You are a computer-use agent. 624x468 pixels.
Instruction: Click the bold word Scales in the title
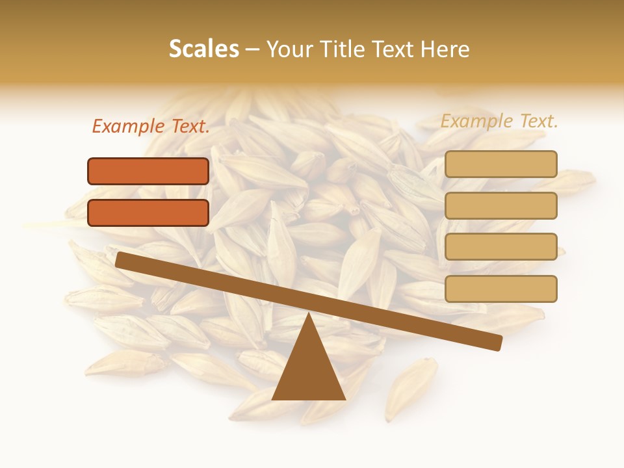203,49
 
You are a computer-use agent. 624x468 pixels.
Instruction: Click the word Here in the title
445,49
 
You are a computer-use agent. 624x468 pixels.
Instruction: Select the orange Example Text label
151,127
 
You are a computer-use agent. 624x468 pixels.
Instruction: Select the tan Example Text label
499,121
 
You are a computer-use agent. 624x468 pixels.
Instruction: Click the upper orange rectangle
148,171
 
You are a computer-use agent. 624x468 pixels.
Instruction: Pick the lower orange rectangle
148,213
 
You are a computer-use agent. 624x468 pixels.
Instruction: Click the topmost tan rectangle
500,164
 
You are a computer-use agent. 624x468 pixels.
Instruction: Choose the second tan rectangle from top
500,205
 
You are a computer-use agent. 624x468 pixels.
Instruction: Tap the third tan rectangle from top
500,246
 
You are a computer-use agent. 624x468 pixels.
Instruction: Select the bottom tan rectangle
500,289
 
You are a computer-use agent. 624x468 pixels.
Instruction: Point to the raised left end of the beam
121,259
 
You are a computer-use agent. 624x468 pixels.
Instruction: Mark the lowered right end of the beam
497,343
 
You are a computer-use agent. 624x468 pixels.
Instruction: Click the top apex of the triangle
308,315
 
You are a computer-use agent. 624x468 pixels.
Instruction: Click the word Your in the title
289,49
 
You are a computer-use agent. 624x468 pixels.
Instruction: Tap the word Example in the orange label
129,127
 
